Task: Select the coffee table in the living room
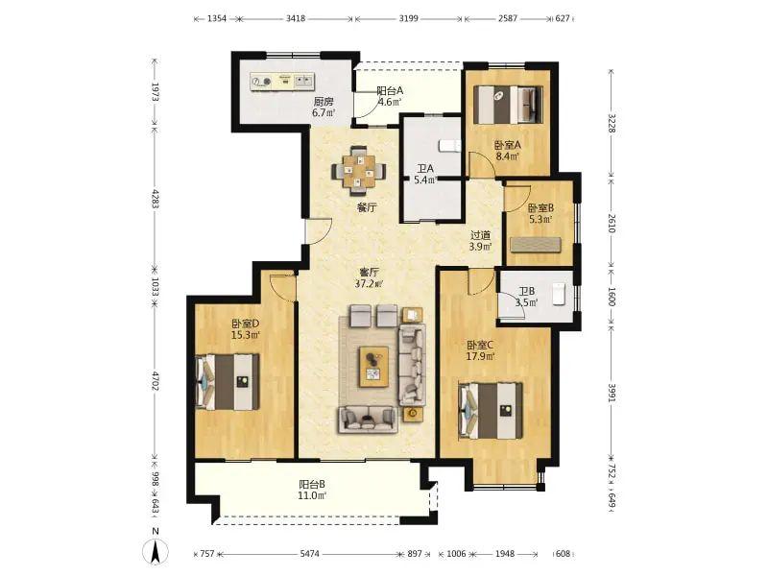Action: [373, 367]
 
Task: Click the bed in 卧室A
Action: [509, 105]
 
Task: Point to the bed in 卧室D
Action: [228, 382]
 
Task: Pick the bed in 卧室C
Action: [491, 411]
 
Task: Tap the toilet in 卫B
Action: [559, 294]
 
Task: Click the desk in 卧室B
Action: [536, 245]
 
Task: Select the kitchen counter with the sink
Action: [281, 82]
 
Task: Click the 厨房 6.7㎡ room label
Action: [324, 108]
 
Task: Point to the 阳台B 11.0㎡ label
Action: [312, 490]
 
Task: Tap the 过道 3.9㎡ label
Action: [480, 241]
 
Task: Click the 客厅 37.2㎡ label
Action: [369, 277]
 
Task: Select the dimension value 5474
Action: [309, 554]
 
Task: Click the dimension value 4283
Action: [156, 199]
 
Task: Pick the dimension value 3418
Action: [296, 18]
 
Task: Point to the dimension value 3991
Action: [612, 393]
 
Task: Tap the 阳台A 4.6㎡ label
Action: [390, 97]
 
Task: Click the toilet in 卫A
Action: [450, 146]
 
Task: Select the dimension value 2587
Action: [508, 18]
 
